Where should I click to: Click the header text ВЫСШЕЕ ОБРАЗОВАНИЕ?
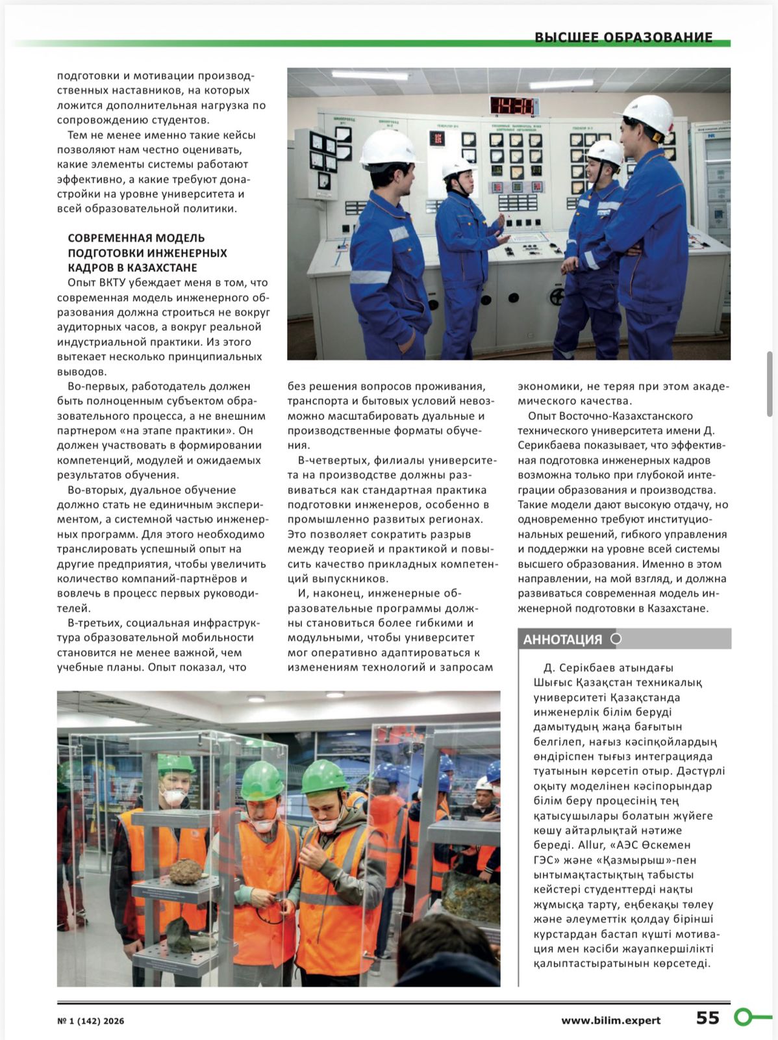tap(623, 38)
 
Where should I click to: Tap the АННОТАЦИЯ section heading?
tap(562, 640)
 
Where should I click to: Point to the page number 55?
tap(707, 1018)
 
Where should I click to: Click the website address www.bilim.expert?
tap(610, 1020)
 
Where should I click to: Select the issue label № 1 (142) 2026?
tap(90, 1021)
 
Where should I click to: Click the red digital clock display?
tap(513, 105)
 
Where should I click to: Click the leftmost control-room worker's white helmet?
tap(388, 147)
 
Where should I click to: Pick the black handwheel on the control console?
tap(557, 296)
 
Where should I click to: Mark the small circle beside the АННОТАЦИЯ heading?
tap(616, 639)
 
